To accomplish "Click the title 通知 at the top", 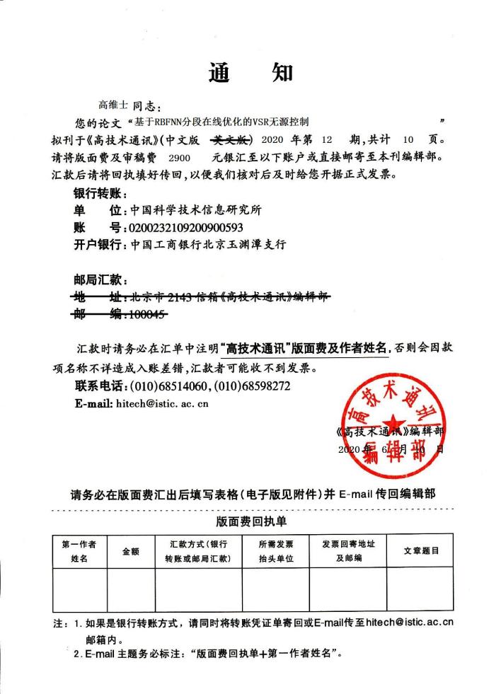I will coord(250,73).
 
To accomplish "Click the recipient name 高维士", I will coord(113,105).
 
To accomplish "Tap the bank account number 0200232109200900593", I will coord(185,227).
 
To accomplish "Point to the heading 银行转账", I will coord(99,193).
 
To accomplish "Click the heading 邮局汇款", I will coord(99,279).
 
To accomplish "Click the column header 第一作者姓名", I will coord(79,551).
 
